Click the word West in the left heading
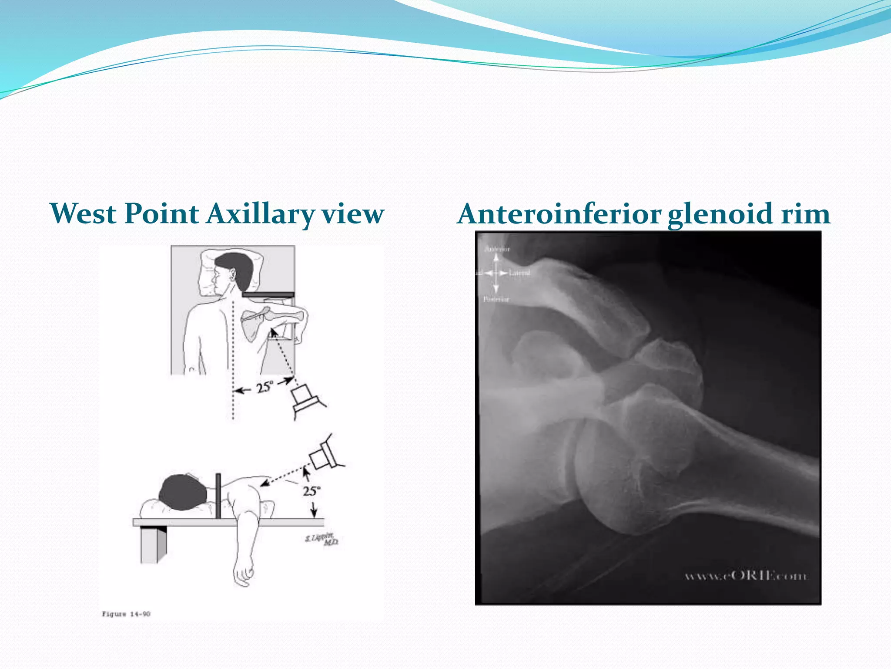point(83,214)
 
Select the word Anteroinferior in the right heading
point(559,214)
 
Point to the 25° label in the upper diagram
point(265,387)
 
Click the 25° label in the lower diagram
point(312,491)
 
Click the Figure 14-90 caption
point(126,614)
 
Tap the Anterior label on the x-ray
point(497,249)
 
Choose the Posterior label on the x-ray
point(496,299)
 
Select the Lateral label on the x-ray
point(519,273)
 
